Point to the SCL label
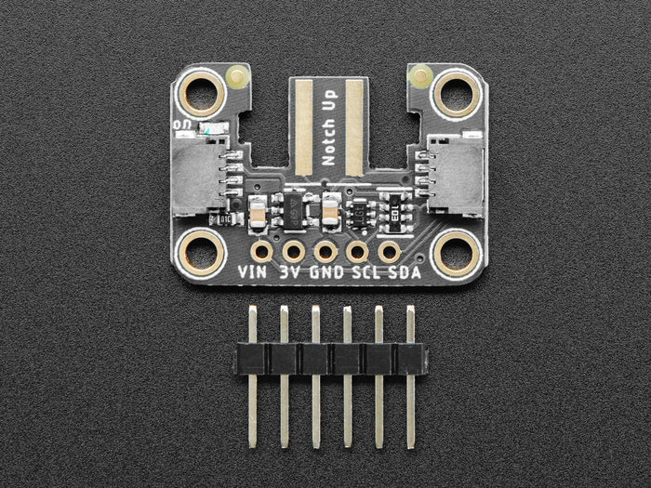[x=363, y=272]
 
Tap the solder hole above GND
[x=325, y=251]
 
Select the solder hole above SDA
[x=389, y=251]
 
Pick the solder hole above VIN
[x=262, y=251]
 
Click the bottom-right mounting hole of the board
[x=456, y=252]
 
